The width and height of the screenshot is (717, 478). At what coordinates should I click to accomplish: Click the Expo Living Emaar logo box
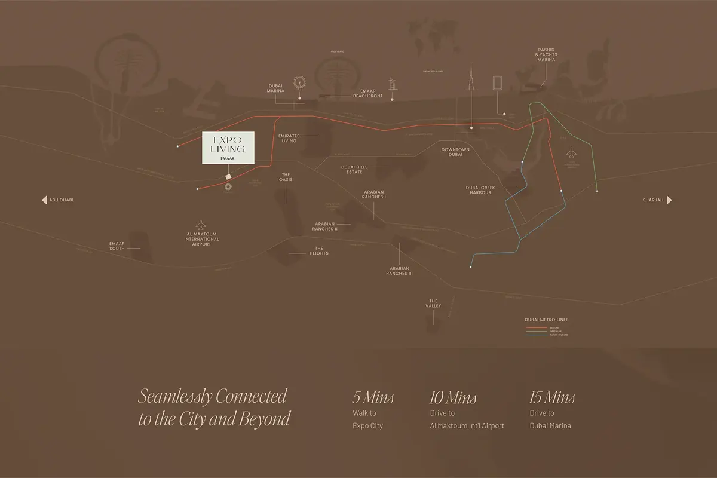tap(227, 147)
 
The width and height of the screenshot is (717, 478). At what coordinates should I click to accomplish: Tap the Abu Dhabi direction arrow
tap(44, 200)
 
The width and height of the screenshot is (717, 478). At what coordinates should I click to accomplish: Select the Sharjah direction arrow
tap(670, 200)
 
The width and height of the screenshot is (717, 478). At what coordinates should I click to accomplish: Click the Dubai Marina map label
tap(275, 88)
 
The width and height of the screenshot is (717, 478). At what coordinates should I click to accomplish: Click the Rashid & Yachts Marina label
tap(546, 55)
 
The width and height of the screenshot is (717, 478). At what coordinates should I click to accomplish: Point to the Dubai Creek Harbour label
tap(479, 190)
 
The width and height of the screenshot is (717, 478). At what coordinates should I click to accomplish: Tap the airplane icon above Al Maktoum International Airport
tap(201, 224)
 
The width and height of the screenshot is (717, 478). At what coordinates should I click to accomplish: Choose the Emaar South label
tap(117, 246)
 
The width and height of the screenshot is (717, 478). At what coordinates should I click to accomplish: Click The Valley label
tap(433, 304)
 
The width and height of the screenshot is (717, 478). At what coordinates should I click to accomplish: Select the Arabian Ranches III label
tap(400, 271)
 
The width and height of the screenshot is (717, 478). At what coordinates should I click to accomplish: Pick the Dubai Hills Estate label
tap(352, 170)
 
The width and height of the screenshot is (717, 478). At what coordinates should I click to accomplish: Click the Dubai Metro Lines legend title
tap(546, 320)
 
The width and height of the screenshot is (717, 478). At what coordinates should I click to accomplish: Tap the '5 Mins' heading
tap(373, 397)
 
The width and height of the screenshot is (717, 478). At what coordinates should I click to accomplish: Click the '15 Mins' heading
tap(552, 397)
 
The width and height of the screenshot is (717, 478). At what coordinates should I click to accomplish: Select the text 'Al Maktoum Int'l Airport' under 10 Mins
tap(467, 426)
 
